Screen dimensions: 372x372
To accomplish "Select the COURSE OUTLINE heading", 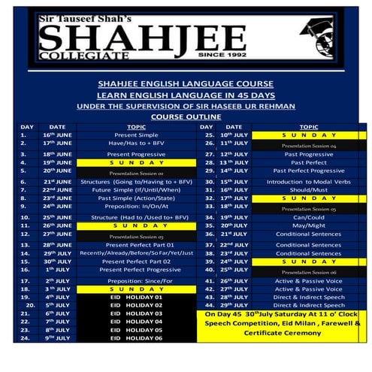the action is tap(185, 116).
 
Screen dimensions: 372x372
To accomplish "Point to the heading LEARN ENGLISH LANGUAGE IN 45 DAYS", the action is tap(185, 95).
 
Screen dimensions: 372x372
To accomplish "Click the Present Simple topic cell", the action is tap(136, 135).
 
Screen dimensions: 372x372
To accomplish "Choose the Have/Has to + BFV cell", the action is tap(136, 143).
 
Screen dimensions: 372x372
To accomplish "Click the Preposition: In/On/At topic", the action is tap(136, 206).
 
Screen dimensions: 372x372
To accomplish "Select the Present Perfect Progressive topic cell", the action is tap(136, 270).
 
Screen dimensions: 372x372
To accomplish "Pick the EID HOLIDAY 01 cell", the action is tap(137, 298).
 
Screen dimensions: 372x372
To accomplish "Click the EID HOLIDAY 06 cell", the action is tap(137, 339).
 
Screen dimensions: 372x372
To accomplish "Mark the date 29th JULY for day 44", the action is tap(235, 306).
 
